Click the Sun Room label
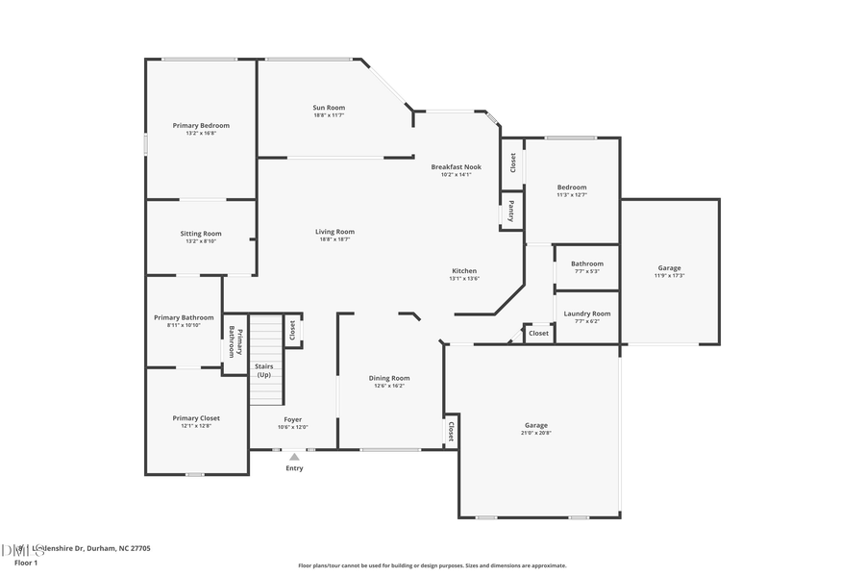pos(329,108)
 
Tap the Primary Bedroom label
pos(201,126)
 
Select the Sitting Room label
pos(201,234)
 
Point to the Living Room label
pos(334,232)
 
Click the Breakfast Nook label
pos(456,167)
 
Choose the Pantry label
pos(511,211)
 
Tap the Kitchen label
pos(463,271)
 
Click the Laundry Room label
pos(586,314)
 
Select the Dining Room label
pos(389,378)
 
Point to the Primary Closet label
pos(196,418)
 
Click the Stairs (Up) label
pos(263,370)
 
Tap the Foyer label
pos(292,420)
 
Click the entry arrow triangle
pos(294,457)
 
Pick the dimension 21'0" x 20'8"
pos(536,433)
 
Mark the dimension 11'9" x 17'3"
pos(669,276)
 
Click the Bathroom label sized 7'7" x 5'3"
pos(586,263)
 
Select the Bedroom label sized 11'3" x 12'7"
pos(572,188)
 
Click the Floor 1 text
pos(25,563)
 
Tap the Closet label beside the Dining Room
pos(450,432)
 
